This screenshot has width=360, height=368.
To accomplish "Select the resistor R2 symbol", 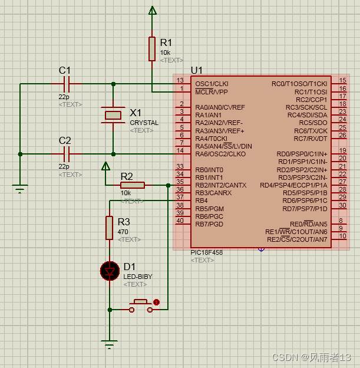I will point(133,185).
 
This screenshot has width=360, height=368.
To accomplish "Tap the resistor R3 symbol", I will point(109,228).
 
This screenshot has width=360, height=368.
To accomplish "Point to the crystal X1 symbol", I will point(113,115).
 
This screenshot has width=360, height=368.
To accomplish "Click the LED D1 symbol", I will point(109,271).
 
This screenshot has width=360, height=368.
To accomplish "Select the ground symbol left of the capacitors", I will point(20,189).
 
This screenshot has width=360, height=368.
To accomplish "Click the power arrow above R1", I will point(152,10).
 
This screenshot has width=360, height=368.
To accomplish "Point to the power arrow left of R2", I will point(105,166).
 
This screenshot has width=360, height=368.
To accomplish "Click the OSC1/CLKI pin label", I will point(212,84).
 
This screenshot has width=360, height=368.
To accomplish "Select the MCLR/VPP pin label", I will point(212,92).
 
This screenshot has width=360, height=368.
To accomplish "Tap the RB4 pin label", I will point(202,201).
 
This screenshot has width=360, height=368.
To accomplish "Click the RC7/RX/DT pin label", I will point(311,139).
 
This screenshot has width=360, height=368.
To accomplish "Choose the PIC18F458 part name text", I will point(206,252).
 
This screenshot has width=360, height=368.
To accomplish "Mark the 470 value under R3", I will point(123,232).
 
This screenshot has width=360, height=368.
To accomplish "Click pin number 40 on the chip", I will point(180,221).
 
